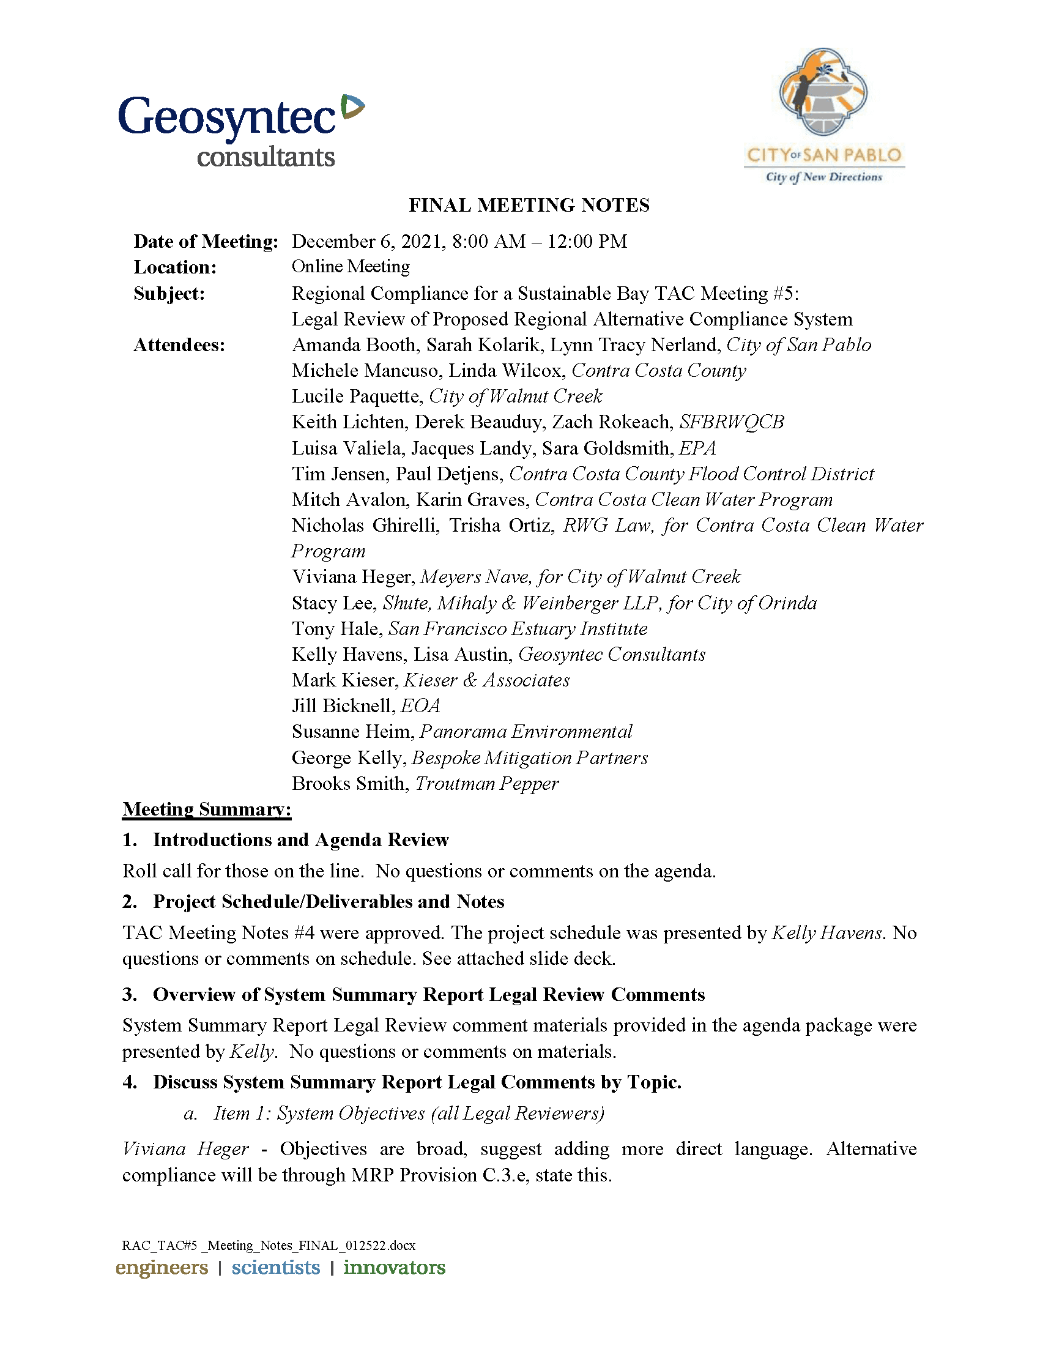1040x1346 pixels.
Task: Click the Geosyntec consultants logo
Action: (x=240, y=132)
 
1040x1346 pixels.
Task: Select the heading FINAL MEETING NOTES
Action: (x=529, y=205)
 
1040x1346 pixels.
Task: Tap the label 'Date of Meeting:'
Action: (x=206, y=242)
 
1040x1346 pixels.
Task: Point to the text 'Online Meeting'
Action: (x=351, y=267)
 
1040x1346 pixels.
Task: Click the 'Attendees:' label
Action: (x=179, y=345)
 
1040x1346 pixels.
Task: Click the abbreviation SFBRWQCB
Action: (x=731, y=422)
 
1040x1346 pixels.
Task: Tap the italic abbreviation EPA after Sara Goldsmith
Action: (x=697, y=448)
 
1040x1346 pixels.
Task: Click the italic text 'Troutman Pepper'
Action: (x=487, y=784)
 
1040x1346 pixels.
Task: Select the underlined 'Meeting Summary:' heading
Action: (x=206, y=809)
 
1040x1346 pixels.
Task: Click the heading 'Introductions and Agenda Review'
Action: (x=300, y=840)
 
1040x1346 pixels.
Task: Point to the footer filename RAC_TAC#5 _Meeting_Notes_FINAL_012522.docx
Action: (x=269, y=1246)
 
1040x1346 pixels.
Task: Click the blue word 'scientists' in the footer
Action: (x=275, y=1267)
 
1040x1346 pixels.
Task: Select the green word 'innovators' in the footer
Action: (x=395, y=1267)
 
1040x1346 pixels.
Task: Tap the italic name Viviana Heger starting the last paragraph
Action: (x=185, y=1150)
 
